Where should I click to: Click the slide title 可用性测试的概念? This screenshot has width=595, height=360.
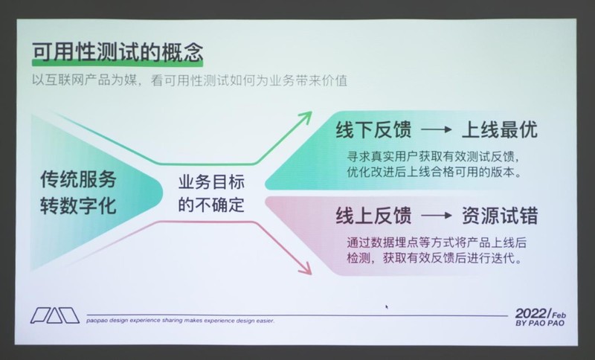pos(118,53)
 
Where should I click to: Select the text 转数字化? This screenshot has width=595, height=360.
pos(79,205)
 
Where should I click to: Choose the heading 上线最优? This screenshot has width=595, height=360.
pos(499,129)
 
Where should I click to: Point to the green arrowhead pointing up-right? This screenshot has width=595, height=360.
pos(304,117)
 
